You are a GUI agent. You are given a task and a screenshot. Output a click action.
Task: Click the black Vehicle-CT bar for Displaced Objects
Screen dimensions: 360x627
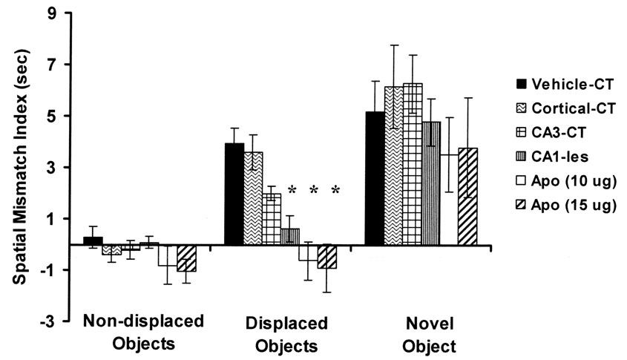point(234,194)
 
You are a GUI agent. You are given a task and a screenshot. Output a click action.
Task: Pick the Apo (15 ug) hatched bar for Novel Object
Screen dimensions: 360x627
point(468,196)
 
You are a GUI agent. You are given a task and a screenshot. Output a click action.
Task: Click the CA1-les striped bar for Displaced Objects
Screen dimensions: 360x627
point(290,237)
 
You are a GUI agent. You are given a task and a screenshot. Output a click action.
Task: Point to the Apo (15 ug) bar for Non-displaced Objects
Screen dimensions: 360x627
point(186,258)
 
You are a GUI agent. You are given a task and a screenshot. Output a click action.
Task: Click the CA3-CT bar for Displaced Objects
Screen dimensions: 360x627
point(272,219)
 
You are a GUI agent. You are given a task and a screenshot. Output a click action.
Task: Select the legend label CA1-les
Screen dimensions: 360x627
point(560,157)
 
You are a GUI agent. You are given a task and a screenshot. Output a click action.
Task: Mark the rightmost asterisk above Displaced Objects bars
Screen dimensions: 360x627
point(335,191)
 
